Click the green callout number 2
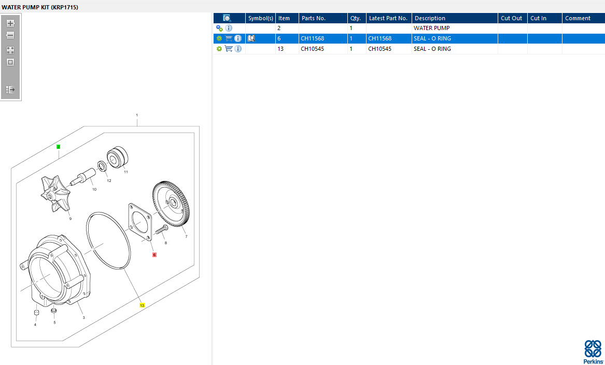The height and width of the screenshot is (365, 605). click(x=58, y=147)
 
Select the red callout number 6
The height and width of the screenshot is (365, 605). click(x=154, y=255)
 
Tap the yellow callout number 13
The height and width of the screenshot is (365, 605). click(x=142, y=305)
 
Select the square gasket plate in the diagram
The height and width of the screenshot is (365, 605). click(x=140, y=222)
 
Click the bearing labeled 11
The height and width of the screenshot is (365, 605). click(x=117, y=158)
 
